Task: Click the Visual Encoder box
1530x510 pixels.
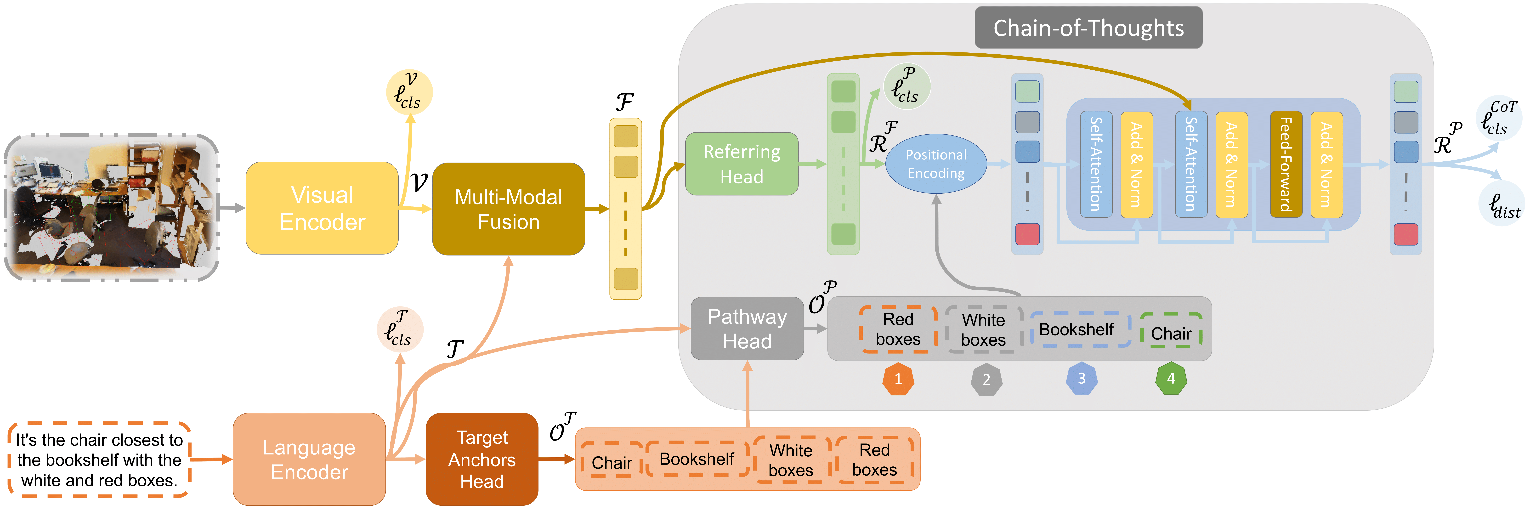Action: [x=322, y=208]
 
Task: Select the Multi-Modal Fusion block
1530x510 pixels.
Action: [x=508, y=209]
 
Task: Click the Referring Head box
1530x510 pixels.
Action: [x=742, y=164]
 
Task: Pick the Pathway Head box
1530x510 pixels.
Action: [x=747, y=328]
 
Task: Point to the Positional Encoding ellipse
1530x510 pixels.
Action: [x=936, y=164]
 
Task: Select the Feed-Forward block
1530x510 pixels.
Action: [x=1286, y=164]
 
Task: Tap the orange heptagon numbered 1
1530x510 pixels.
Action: [x=898, y=379]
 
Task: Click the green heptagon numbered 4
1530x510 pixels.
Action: [x=1171, y=378]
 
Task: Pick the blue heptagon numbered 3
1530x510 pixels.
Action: [x=1082, y=378]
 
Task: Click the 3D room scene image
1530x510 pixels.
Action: [x=112, y=207]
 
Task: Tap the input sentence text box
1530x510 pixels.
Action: [x=99, y=459]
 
